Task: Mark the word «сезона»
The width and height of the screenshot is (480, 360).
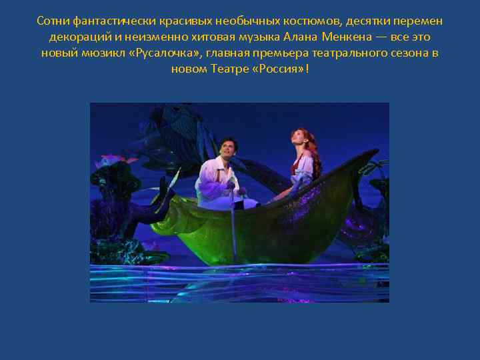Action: click(x=397, y=53)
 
